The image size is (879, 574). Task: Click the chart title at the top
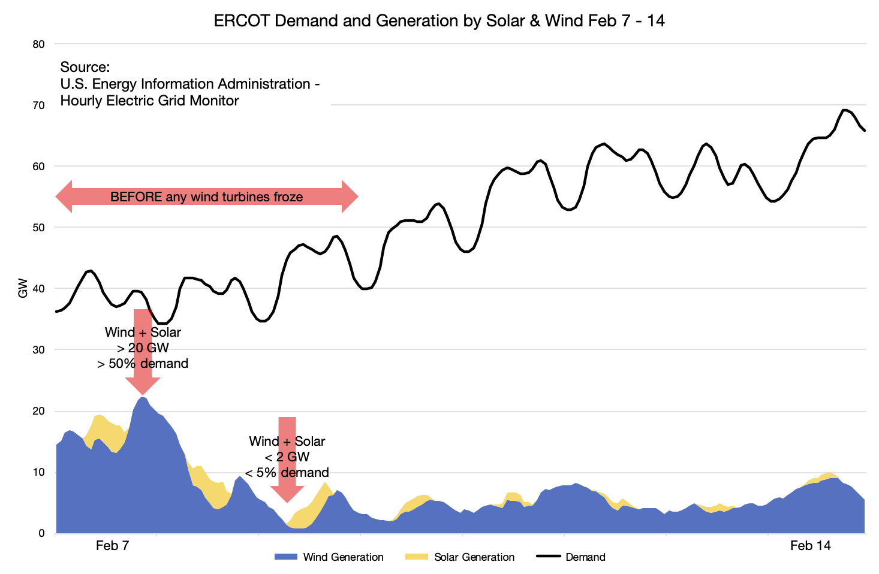click(x=439, y=21)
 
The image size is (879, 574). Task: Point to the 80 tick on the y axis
click(x=38, y=44)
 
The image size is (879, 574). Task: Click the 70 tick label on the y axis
click(x=38, y=105)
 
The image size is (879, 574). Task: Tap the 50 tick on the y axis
click(x=38, y=228)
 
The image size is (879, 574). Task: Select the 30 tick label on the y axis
click(x=38, y=350)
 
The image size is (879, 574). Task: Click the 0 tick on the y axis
click(x=41, y=533)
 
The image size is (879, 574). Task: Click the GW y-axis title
click(x=23, y=288)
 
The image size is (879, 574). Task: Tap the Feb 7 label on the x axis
click(x=112, y=546)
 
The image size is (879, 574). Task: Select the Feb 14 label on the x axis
click(x=810, y=546)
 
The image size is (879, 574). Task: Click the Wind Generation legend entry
click(x=329, y=557)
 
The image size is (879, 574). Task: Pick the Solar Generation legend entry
click(x=460, y=557)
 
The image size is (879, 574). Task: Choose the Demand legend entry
click(x=571, y=557)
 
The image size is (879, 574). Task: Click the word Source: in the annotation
click(x=85, y=67)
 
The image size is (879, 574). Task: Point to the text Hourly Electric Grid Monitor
click(x=149, y=101)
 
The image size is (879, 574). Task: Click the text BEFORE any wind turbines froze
click(x=206, y=197)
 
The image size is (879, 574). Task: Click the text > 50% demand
click(x=143, y=364)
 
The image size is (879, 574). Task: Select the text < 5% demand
click(x=287, y=472)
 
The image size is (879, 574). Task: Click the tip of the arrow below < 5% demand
click(x=287, y=500)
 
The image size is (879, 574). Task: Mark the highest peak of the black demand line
click(x=844, y=110)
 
